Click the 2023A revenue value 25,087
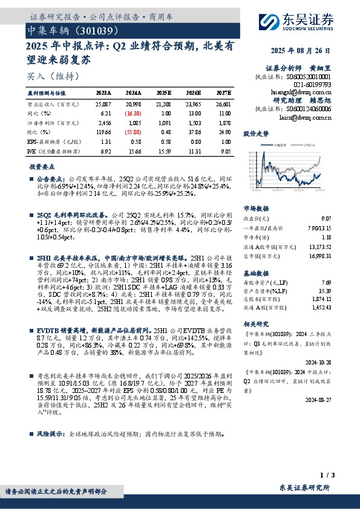tap(105, 104)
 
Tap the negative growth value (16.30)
tap(134, 113)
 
